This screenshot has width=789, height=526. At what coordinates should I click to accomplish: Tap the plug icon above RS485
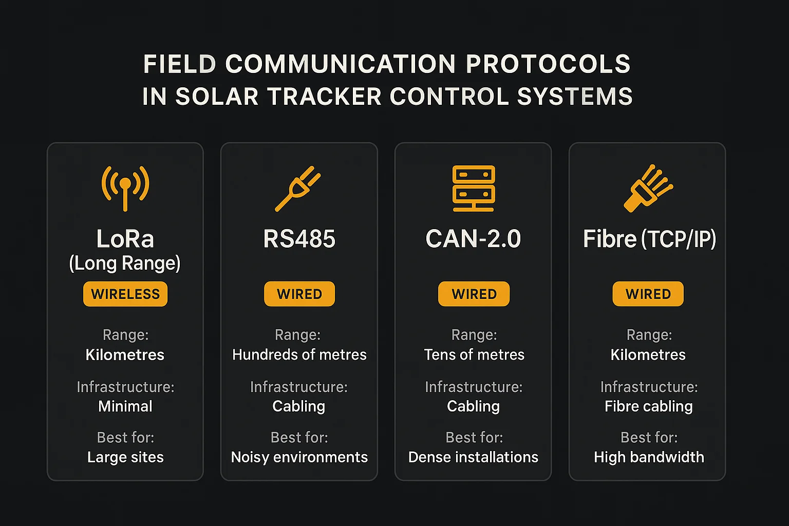298,188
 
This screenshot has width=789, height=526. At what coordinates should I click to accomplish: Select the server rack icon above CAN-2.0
473,188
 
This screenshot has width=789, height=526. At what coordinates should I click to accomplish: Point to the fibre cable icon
648,188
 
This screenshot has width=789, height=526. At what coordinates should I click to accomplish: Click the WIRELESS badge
125,294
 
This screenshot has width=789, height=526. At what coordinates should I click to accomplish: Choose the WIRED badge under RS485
299,294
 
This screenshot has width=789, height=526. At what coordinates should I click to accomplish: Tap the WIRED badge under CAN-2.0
474,294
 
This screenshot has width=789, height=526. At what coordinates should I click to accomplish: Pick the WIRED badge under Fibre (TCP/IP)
648,294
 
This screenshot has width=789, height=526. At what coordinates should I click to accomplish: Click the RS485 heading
299,239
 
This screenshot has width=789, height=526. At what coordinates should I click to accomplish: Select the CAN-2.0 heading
473,239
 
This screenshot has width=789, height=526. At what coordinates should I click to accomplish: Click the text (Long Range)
125,263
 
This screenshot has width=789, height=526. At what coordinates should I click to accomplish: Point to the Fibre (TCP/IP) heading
649,239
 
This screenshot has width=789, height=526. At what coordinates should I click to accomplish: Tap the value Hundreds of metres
299,354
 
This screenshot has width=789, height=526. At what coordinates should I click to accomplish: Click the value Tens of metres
474,354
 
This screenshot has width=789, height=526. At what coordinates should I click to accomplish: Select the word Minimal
125,406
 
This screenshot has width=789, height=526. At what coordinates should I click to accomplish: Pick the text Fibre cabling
649,406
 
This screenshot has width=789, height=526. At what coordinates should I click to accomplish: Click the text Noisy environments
299,457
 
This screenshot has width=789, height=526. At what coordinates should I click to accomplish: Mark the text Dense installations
473,457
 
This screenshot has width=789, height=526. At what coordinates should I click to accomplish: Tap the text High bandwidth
649,457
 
